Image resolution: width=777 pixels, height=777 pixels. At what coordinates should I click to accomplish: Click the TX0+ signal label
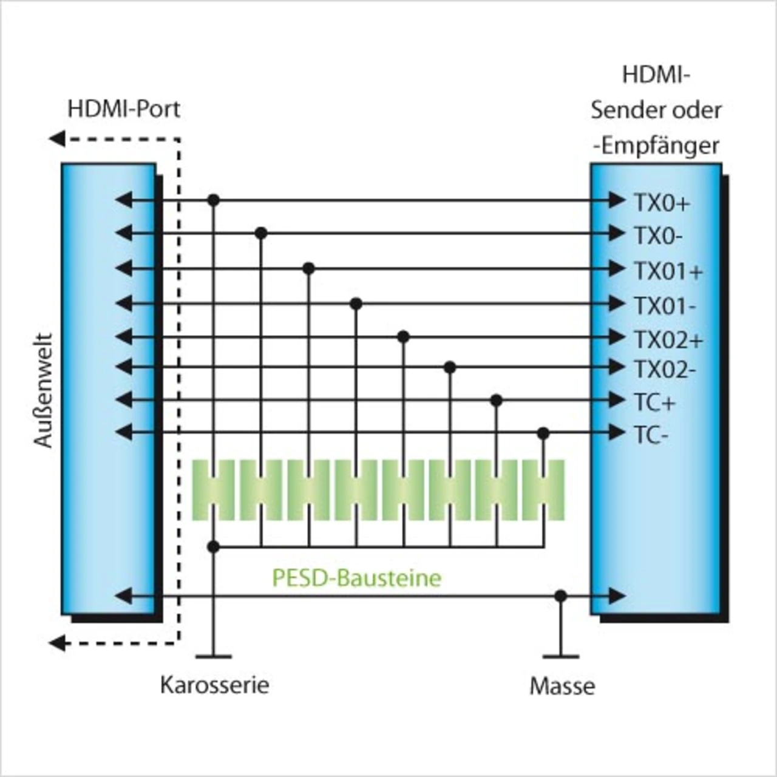662,203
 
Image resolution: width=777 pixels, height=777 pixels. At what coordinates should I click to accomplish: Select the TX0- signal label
658,236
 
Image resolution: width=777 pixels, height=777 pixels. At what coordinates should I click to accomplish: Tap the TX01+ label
668,271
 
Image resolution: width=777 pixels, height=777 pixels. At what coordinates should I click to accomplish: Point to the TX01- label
665,306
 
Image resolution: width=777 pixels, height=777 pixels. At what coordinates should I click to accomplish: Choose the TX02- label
665,369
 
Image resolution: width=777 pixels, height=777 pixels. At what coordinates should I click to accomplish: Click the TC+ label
654,402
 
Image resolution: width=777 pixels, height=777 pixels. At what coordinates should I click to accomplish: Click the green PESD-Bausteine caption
356,578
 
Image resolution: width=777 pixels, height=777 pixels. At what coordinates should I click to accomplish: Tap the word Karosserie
214,685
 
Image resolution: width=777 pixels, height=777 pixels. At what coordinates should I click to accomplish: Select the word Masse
562,687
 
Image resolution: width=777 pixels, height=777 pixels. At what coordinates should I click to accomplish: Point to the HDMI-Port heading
124,109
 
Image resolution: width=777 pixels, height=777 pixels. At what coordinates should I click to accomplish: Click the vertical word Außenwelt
44,390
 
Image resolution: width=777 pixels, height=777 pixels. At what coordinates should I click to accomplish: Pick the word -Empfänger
657,146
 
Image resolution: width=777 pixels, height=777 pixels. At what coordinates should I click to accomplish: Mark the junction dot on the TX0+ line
213,200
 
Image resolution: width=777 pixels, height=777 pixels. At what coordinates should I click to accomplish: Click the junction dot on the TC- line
543,433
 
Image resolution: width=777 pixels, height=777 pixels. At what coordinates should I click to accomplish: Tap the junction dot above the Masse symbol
561,596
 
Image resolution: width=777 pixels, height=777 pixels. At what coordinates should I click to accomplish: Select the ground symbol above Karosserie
213,656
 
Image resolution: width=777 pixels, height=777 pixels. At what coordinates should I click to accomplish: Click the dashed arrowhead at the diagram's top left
57,139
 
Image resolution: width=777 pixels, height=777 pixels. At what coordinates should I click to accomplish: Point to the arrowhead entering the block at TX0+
617,200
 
